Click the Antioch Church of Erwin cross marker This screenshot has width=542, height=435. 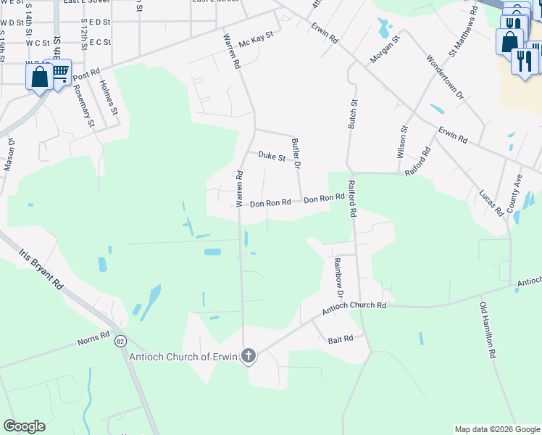click(x=249, y=356)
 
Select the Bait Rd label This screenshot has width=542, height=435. click(x=340, y=339)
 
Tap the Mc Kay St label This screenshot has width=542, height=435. click(x=257, y=36)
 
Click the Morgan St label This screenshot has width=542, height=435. click(x=385, y=49)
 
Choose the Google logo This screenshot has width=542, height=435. click(x=24, y=426)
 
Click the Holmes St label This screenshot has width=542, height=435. click(x=107, y=98)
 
